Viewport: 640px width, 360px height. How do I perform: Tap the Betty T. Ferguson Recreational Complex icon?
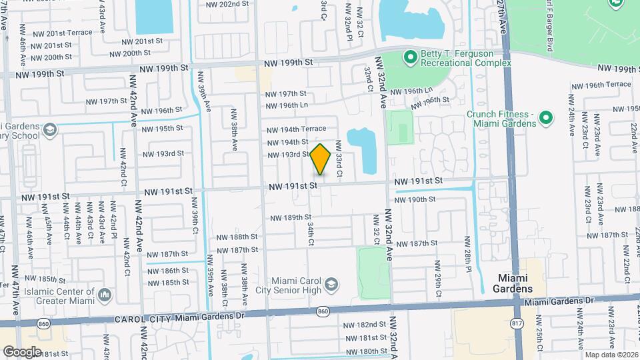point(409,58)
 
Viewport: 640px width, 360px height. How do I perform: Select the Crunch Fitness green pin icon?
point(545,118)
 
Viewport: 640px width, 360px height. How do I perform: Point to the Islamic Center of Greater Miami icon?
point(104,294)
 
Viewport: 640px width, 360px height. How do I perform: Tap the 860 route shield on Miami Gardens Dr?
point(323,311)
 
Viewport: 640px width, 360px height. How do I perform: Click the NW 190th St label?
point(415,199)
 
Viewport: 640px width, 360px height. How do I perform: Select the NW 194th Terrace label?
point(296,129)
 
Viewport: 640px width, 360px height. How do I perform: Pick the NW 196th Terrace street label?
point(600,85)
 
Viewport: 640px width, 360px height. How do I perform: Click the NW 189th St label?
point(291,217)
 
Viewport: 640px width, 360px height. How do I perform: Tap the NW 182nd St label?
point(365,325)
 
